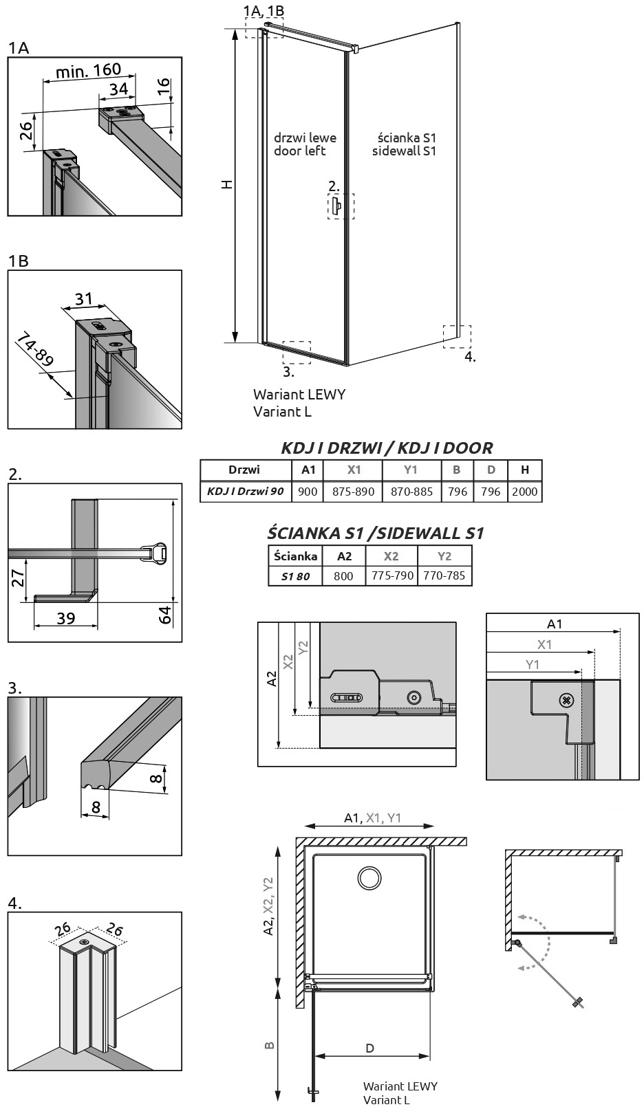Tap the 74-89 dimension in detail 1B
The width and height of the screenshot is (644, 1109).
34,350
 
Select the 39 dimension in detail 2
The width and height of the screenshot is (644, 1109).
66,618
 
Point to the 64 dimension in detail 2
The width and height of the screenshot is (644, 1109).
164,614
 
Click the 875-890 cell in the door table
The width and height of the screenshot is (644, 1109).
353,492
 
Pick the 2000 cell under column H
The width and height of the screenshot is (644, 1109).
524,492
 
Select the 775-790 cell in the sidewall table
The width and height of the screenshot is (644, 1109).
392,575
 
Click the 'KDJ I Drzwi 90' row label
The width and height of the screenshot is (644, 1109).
245,491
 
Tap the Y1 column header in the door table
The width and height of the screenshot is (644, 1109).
411,470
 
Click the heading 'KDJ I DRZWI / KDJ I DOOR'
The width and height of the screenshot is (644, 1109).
387,448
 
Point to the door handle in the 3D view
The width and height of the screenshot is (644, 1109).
337,206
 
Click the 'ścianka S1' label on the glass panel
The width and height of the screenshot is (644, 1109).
407,137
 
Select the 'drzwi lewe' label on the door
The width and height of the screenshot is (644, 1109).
305,137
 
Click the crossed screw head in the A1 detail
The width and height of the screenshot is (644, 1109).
566,700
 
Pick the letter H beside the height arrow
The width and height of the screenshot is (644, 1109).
227,184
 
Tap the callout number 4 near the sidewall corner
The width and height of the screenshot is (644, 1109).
470,356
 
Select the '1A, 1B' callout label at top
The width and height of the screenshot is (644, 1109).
264,10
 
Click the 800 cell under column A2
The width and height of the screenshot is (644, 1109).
343,575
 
